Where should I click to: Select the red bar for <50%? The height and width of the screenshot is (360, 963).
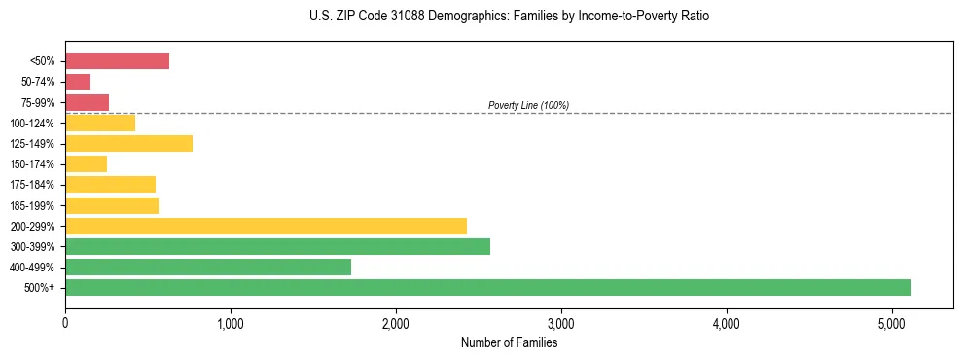tap(117, 61)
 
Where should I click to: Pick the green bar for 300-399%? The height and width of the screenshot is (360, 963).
tap(277, 246)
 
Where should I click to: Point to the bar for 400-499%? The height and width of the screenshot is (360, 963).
tap(208, 267)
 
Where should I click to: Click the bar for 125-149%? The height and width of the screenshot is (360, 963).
tap(128, 144)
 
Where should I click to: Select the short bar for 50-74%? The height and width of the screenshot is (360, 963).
tap(78, 82)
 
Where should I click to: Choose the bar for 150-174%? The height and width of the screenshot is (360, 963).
tap(86, 164)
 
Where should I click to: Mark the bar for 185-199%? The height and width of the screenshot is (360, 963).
tap(112, 205)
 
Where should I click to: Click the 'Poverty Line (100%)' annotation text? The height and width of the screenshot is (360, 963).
tap(528, 105)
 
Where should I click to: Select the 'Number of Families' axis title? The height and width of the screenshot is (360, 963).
tap(509, 342)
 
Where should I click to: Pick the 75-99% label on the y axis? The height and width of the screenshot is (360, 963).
tap(38, 103)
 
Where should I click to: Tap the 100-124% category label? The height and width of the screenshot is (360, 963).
tap(33, 124)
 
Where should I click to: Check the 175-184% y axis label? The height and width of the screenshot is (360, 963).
tap(33, 185)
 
